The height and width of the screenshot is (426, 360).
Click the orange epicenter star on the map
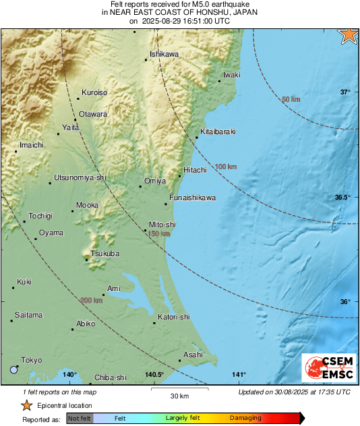349,36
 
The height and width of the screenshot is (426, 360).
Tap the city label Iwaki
232,74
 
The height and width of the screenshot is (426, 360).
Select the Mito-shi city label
162,224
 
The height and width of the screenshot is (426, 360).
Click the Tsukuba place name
104,253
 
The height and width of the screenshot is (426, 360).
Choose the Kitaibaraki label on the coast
218,131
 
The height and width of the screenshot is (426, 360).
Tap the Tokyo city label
31,361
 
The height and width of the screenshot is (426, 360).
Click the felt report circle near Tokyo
14,369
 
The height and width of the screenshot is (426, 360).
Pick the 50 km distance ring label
291,100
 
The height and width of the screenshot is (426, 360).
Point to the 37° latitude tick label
344,92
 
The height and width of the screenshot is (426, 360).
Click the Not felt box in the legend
80,419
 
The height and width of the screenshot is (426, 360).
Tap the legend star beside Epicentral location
26,405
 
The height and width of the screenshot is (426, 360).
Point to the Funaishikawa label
192,197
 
